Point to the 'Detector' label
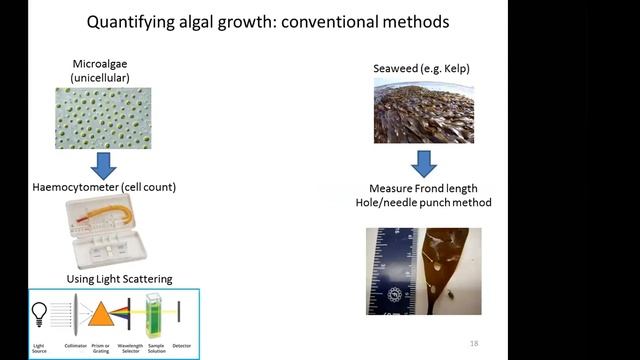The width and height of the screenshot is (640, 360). tap(182, 346)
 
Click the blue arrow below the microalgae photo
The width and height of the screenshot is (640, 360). tap(103, 165)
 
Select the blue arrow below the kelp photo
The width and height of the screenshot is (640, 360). tap(424, 164)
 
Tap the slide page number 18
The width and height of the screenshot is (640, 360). tap(474, 342)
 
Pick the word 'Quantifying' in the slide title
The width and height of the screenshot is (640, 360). tap(125, 20)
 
